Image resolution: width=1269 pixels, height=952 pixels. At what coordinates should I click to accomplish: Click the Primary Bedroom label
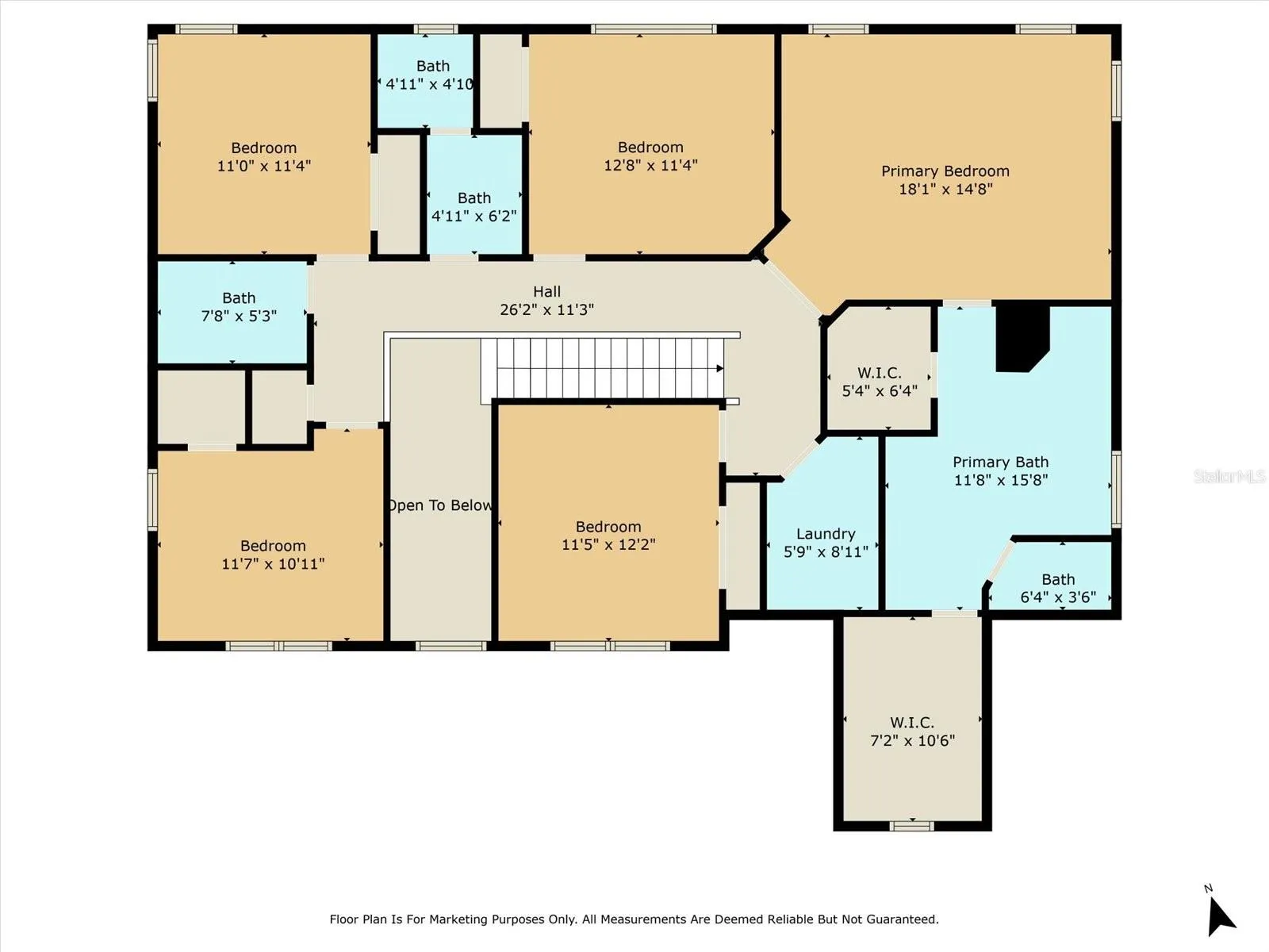tap(945, 180)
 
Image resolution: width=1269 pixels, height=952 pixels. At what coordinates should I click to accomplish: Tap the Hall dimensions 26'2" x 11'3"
tap(547, 310)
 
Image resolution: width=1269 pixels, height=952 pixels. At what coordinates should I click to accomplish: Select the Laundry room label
tap(826, 543)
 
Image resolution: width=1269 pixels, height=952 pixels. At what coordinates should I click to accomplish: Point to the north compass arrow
tap(1220, 916)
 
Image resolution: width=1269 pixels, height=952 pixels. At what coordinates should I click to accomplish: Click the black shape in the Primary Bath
tap(1022, 338)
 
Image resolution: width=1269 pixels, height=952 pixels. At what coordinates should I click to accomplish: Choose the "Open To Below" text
tap(440, 505)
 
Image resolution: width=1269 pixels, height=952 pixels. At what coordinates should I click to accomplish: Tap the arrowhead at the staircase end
tap(720, 368)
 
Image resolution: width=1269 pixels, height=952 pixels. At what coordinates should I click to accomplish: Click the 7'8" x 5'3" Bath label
tap(239, 307)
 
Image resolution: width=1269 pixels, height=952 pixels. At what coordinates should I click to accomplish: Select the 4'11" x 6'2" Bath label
tap(474, 207)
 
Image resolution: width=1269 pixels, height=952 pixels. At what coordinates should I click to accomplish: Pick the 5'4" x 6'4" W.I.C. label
tap(880, 382)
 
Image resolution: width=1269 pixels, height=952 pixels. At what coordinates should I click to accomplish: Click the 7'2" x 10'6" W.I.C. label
tap(912, 731)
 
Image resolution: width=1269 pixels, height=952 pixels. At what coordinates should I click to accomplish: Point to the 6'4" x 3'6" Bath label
tap(1058, 588)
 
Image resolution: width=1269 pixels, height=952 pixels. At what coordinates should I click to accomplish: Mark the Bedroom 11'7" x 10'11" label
tap(273, 555)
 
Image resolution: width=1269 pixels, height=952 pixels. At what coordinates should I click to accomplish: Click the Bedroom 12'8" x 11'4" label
tap(650, 156)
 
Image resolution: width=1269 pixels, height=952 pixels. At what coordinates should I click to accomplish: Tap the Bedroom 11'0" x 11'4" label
tap(263, 156)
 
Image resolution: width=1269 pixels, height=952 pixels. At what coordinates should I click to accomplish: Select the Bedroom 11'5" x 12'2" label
tap(608, 535)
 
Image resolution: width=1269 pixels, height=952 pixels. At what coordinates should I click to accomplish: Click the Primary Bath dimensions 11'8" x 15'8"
tap(1001, 480)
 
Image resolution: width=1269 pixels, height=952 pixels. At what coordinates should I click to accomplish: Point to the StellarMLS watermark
tap(1229, 476)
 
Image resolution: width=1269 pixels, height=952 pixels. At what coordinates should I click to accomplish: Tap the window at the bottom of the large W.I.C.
tap(912, 826)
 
